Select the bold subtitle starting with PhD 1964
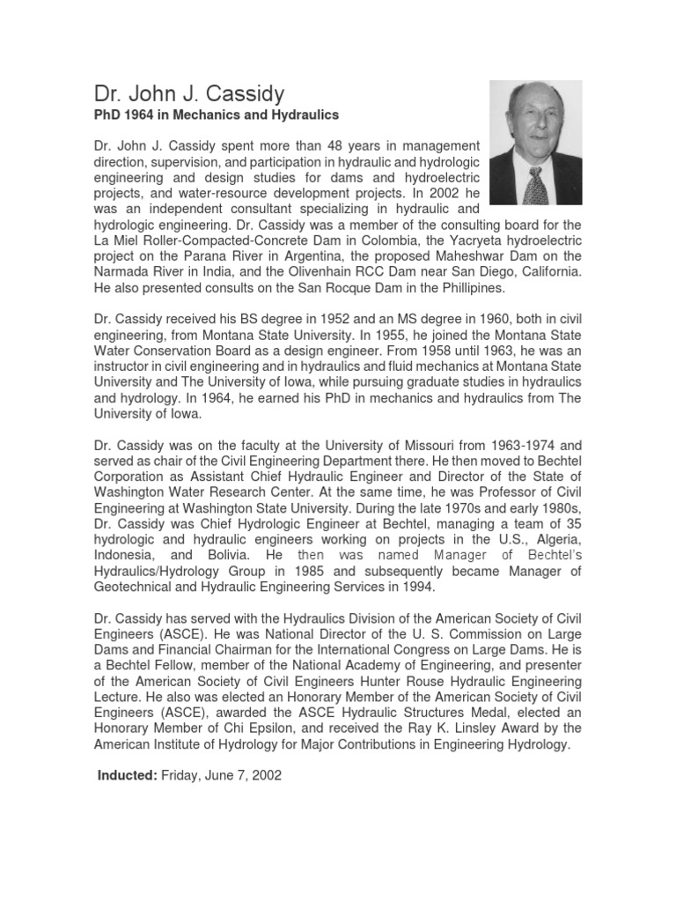216,115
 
